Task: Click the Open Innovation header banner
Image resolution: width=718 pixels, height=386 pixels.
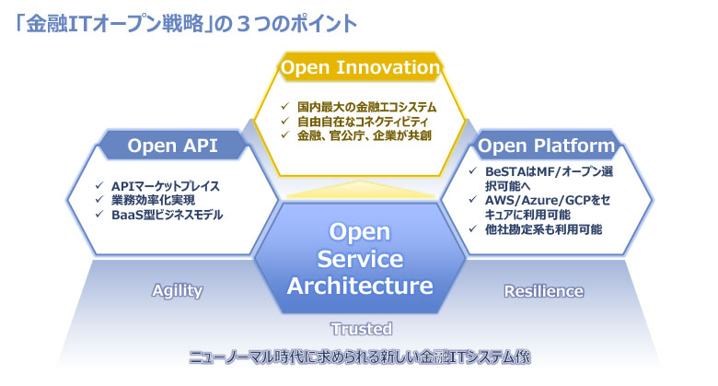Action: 360,67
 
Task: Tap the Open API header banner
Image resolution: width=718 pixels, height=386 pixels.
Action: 173,146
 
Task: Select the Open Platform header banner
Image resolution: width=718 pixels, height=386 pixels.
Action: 546,146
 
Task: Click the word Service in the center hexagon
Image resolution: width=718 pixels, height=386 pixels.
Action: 360,259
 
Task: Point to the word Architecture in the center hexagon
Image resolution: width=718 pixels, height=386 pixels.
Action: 360,286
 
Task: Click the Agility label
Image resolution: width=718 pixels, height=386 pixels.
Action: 178,291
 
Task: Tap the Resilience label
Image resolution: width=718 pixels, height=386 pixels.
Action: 544,291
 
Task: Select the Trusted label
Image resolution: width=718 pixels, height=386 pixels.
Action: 362,329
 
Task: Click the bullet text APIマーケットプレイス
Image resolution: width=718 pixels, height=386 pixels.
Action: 166,186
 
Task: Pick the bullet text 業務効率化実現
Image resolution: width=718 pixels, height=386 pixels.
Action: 154,200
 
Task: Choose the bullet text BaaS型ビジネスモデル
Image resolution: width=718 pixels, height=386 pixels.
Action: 168,215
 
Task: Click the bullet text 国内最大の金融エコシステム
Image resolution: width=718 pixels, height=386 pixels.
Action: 366,107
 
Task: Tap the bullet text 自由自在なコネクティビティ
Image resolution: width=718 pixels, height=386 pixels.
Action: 363,122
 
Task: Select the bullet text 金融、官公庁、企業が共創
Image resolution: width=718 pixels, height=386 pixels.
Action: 365,135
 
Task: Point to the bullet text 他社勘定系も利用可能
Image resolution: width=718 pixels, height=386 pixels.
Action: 543,229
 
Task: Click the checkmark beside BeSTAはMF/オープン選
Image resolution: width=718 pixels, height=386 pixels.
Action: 473,171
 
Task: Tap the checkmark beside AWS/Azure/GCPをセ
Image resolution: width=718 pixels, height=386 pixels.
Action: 473,200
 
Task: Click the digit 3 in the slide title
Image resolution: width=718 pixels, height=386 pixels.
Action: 244,24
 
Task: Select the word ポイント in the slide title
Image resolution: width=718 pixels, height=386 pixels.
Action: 313,24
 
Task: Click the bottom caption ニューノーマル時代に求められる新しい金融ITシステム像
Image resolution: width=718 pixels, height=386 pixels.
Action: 360,357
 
